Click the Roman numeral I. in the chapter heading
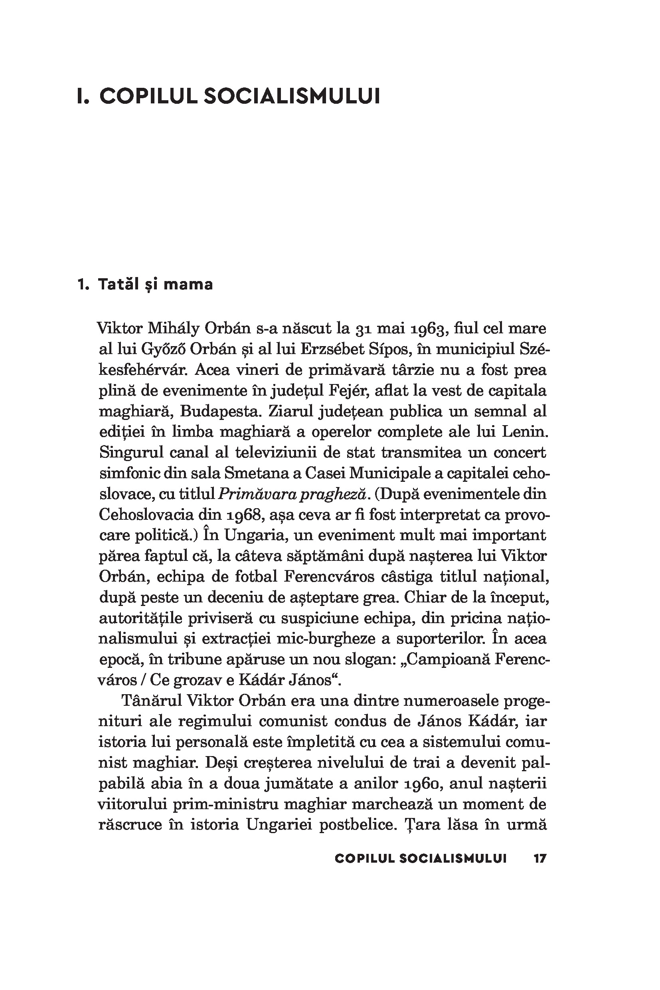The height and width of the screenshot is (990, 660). point(83,97)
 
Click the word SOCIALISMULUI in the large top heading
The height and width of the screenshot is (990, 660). point(292,97)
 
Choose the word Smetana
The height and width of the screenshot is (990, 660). point(261,473)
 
